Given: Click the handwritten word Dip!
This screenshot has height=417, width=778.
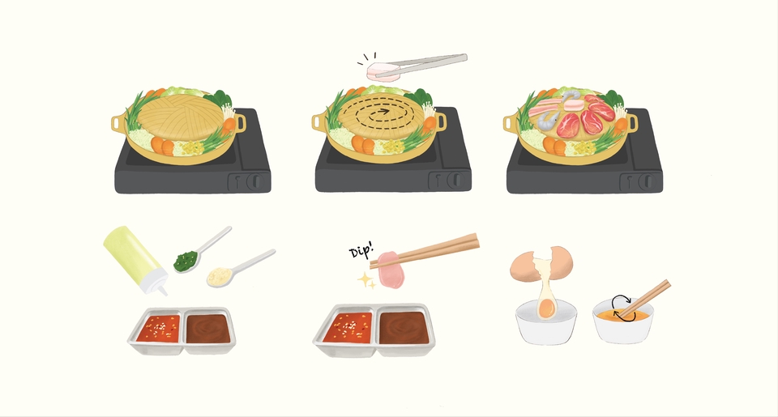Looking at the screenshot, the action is pyautogui.click(x=361, y=250).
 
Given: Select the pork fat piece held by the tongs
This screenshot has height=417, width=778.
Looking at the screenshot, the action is pyautogui.click(x=383, y=72).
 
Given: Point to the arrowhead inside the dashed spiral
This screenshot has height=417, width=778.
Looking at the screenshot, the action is pyautogui.click(x=385, y=111).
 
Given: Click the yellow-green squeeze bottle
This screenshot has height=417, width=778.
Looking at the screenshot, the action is pyautogui.click(x=135, y=259).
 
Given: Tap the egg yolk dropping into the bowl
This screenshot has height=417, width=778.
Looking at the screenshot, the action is pyautogui.click(x=546, y=308).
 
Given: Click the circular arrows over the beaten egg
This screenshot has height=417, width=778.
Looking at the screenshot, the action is pyautogui.click(x=622, y=308).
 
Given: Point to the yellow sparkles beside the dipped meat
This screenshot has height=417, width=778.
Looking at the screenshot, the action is pyautogui.click(x=367, y=281).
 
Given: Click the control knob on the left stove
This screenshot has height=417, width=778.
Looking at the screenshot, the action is pyautogui.click(x=254, y=181).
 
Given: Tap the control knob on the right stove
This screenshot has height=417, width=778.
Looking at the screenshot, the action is pyautogui.click(x=646, y=181).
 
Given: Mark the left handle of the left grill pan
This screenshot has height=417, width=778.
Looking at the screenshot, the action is pyautogui.click(x=118, y=122).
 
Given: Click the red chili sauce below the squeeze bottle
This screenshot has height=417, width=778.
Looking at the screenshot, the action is pyautogui.click(x=159, y=328).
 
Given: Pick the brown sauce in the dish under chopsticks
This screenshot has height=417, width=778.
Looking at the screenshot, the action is pyautogui.click(x=404, y=328).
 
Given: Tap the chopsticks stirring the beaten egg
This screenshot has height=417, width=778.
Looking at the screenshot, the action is pyautogui.click(x=644, y=299).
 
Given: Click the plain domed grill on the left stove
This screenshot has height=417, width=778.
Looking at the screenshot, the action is pyautogui.click(x=180, y=117).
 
